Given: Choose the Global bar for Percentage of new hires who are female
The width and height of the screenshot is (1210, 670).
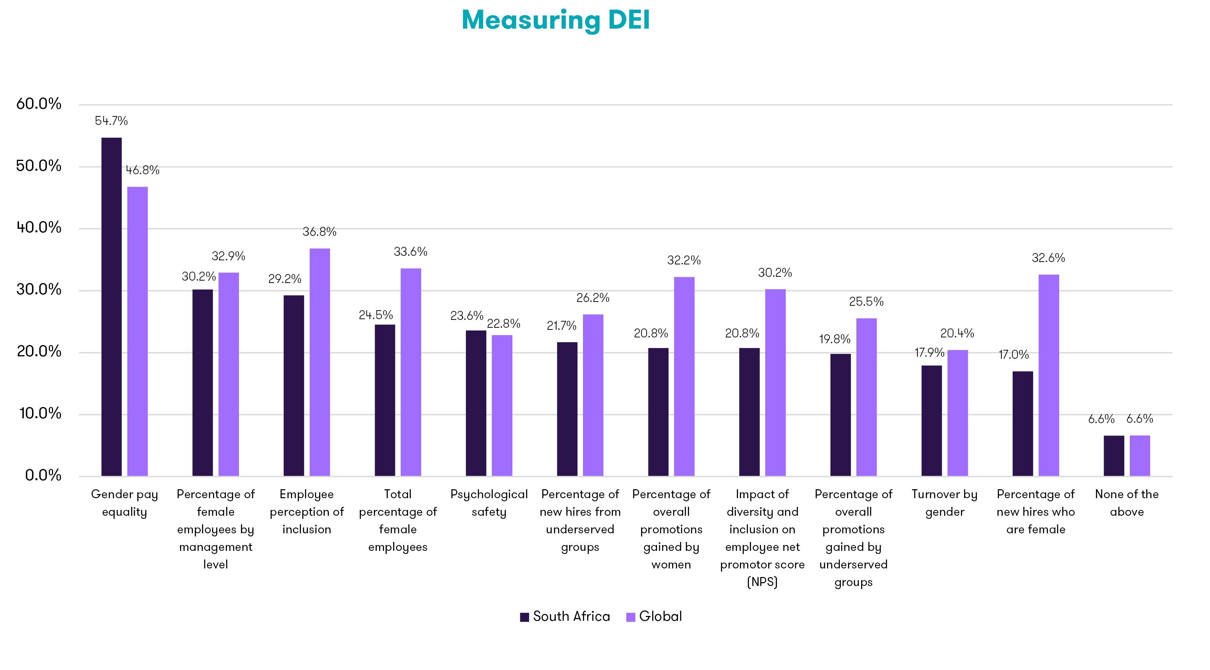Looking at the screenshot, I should coord(1049,375).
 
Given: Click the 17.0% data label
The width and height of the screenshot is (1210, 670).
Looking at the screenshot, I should coord(1013,355).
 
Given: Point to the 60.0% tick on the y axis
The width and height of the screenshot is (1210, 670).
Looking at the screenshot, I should coord(39,104).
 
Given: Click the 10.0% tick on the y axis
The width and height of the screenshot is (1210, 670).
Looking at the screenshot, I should coord(40,413).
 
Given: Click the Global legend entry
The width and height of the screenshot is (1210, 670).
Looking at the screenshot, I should coord(654,617).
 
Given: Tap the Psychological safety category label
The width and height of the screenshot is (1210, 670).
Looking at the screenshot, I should coord(489,503).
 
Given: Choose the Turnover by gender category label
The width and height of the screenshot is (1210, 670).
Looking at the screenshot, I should coord(945,503).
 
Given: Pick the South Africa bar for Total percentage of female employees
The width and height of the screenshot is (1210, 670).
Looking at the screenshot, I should coord(385,400).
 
